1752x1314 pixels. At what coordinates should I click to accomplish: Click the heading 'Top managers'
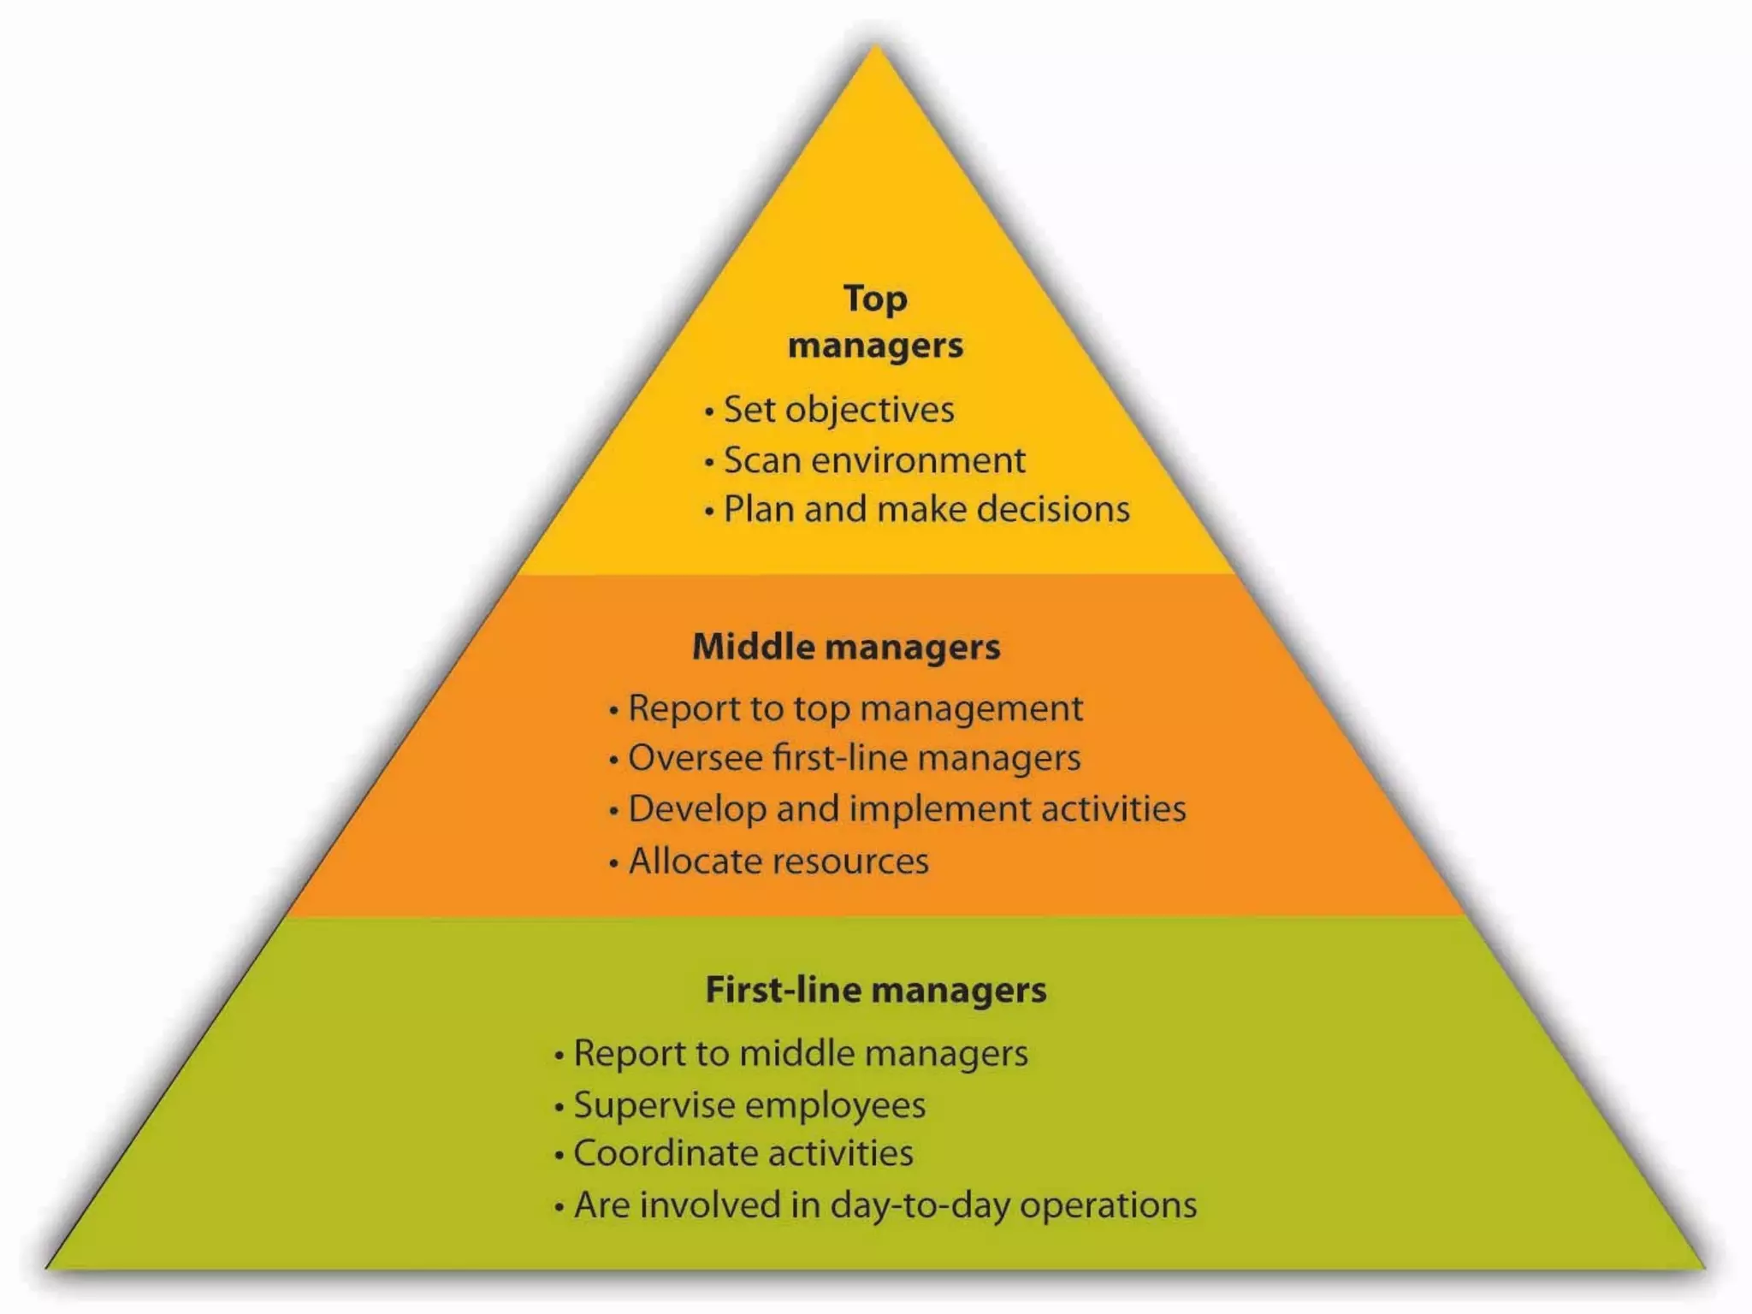[x=875, y=323]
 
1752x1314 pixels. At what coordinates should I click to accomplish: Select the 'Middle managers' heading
[x=846, y=647]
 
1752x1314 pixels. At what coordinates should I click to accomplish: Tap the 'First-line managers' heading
[x=875, y=990]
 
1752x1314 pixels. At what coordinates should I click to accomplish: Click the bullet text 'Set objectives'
[x=838, y=410]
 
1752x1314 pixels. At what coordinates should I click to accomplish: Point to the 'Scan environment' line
[x=874, y=460]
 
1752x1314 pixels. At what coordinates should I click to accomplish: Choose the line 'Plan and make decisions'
[x=926, y=509]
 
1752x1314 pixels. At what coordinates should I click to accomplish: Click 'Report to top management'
[x=855, y=709]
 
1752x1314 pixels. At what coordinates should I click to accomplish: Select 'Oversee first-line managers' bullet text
[x=854, y=759]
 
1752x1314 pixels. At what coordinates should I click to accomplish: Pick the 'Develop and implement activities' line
[x=907, y=809]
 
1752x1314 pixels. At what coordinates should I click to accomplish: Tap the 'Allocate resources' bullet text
[x=778, y=861]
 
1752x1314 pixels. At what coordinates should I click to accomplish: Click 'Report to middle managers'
[x=801, y=1054]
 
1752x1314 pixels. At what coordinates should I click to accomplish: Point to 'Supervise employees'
[x=749, y=1104]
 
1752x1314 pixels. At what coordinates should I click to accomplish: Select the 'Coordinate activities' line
[x=743, y=1153]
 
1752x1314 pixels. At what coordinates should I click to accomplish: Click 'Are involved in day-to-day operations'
[x=885, y=1205]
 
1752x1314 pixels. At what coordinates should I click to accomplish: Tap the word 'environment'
[x=918, y=460]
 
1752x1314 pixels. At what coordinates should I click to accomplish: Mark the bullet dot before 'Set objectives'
[x=709, y=412]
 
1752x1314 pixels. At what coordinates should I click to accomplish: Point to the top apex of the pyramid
[x=875, y=48]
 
